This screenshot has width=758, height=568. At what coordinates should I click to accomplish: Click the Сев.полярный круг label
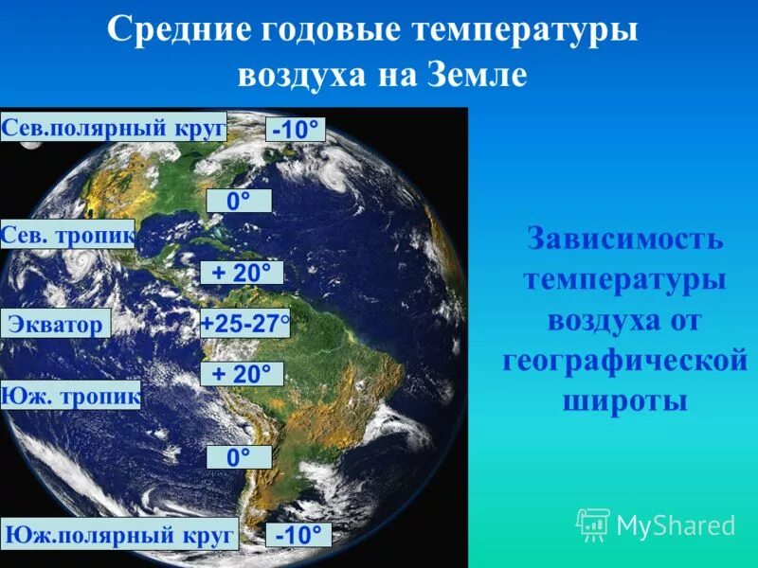[114, 127]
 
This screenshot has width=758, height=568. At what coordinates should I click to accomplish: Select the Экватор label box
[56, 324]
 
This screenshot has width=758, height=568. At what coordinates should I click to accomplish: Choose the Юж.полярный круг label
[119, 535]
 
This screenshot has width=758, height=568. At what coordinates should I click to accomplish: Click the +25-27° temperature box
[244, 324]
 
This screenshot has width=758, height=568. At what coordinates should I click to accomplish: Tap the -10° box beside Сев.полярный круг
[296, 130]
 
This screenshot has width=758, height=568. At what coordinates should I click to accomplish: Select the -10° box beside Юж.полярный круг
[298, 535]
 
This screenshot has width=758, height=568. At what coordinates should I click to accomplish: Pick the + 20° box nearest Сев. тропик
[242, 273]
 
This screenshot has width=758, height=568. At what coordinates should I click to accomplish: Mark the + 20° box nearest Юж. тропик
[242, 374]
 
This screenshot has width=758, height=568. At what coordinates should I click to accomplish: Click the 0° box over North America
[239, 201]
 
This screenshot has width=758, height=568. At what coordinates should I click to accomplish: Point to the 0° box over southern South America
[239, 457]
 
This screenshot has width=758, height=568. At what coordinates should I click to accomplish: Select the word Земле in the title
[478, 76]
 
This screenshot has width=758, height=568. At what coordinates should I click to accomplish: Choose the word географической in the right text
[624, 361]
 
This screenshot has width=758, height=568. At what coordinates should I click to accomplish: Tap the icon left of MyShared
[593, 524]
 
